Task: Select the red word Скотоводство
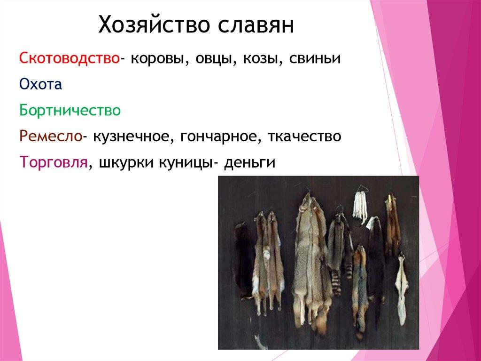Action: tap(69, 59)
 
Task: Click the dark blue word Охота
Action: tap(41, 85)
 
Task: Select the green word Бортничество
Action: tap(70, 111)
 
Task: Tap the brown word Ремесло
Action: tap(51, 136)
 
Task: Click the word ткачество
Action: tap(304, 136)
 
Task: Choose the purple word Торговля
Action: tap(54, 162)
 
